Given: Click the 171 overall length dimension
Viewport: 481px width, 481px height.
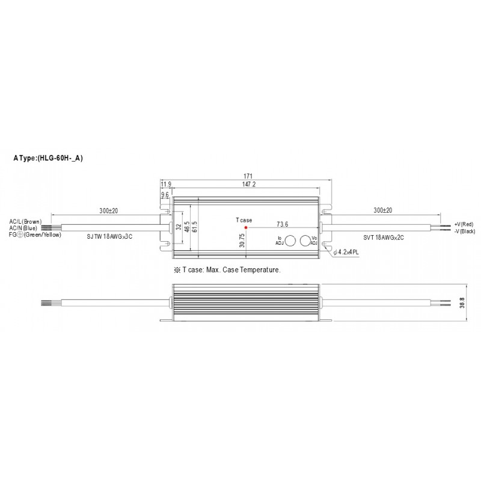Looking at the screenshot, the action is (x=248, y=176).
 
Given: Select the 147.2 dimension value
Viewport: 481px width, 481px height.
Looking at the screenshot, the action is (x=249, y=184).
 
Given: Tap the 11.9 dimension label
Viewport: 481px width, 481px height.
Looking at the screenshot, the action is (x=166, y=185).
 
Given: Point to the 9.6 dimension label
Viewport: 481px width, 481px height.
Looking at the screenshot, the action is (x=165, y=195).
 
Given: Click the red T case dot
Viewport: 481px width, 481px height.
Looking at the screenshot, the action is (x=246, y=228).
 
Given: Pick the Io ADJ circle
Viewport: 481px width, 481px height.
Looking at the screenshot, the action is (x=290, y=241).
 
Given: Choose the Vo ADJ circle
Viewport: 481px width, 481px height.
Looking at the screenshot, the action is (x=305, y=241).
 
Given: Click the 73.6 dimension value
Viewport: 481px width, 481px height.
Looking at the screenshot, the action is (x=282, y=224).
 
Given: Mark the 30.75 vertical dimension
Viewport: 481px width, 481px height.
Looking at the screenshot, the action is (x=242, y=240).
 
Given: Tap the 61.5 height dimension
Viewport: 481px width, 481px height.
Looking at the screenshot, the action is (x=194, y=227).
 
